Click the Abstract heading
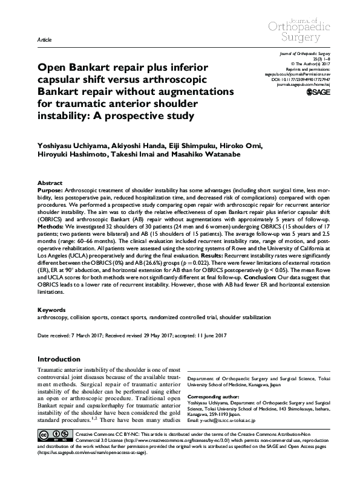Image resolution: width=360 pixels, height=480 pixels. (50, 182)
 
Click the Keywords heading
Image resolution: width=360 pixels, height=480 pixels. (53, 310)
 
